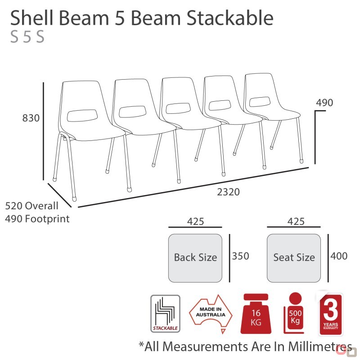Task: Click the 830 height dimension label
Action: (31, 118)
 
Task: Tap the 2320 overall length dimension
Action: (229, 192)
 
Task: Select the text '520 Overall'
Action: (31, 206)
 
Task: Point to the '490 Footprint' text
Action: (37, 219)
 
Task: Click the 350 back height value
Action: (240, 256)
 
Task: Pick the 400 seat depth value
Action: (339, 256)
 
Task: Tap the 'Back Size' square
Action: (195, 258)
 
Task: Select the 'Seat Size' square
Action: (294, 258)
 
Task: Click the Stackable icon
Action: (165, 314)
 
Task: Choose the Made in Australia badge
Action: (211, 313)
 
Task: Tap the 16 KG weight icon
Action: (256, 314)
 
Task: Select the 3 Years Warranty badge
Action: (331, 314)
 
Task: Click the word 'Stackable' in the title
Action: (230, 18)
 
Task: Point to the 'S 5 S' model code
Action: (27, 37)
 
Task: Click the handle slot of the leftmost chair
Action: (82, 116)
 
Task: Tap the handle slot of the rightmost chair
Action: (260, 102)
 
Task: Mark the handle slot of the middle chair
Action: (178, 108)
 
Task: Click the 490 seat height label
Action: (324, 103)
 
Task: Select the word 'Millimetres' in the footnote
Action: (320, 346)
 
